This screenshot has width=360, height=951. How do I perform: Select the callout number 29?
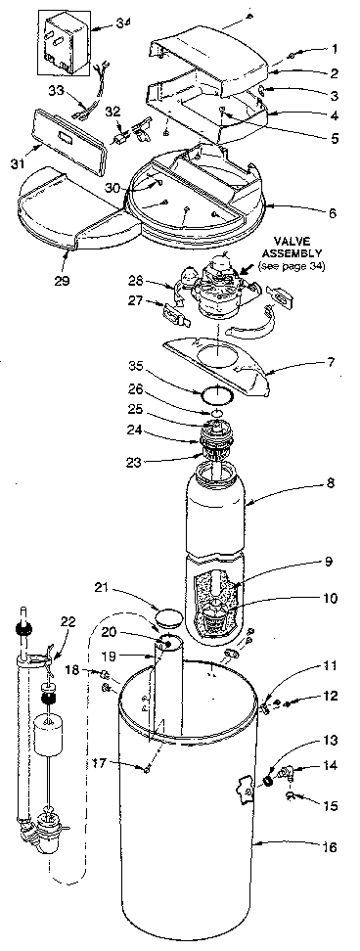point(67,256)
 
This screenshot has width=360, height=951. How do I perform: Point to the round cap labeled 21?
point(168,618)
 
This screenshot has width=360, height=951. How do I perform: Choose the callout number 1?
point(334,48)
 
